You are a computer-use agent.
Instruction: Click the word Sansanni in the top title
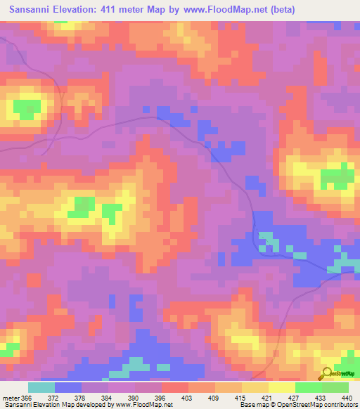click(x=27, y=9)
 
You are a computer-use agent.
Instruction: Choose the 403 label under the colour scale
click(x=187, y=398)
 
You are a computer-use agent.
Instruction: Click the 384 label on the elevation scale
click(x=107, y=398)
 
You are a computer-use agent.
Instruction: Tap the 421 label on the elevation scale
click(x=268, y=398)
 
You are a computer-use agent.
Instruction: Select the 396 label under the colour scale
click(x=160, y=398)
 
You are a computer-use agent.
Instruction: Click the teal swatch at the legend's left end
click(x=41, y=387)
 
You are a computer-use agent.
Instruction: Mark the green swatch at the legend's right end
click(x=335, y=387)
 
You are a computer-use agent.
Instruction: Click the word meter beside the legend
click(x=11, y=398)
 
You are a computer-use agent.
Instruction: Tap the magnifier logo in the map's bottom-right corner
click(x=326, y=372)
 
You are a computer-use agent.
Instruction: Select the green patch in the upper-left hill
click(x=27, y=108)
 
